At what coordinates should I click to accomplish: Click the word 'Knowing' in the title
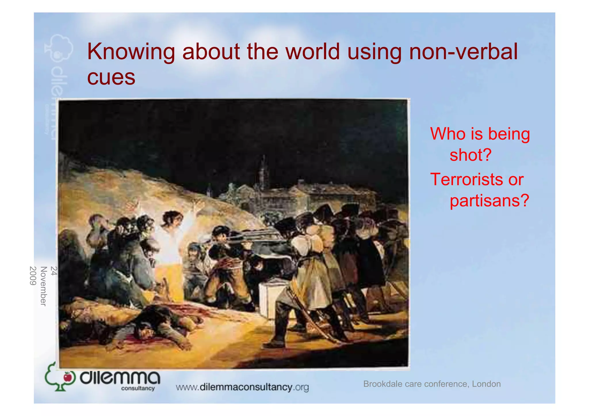coord(131,52)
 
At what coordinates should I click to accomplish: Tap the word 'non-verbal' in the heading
coord(463,52)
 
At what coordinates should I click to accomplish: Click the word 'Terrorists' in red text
coord(466,179)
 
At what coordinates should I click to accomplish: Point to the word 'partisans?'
coord(489,200)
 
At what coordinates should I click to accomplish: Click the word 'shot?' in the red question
coord(471,155)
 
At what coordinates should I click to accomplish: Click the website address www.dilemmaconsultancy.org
coord(242,387)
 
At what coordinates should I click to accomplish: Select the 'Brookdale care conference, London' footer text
coord(432,384)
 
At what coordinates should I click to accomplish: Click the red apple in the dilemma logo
coord(68,377)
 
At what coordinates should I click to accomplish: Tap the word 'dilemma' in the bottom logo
coord(120,377)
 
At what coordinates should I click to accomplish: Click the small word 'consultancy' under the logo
coord(138,388)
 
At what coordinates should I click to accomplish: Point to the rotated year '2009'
coord(33,276)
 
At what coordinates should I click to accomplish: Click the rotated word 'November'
coord(43,286)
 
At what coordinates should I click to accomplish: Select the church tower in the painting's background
coord(263,172)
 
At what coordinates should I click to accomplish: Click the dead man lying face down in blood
coord(155,325)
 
